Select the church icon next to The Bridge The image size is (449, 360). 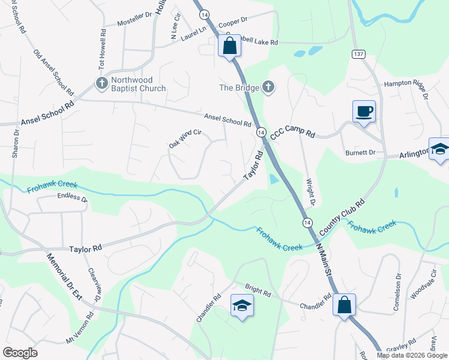coord(268,88)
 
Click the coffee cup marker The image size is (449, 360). coord(364,111)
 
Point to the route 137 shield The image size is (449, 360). coord(359,54)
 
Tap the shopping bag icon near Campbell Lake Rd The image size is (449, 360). coord(229,46)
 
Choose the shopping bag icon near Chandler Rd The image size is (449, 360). coord(345,304)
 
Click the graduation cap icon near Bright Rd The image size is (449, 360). coord(243,306)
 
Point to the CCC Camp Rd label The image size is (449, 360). coord(293,133)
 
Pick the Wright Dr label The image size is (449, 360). coord(310,191)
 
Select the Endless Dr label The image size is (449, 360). coord(73,197)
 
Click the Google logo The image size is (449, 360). coord(20,352)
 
